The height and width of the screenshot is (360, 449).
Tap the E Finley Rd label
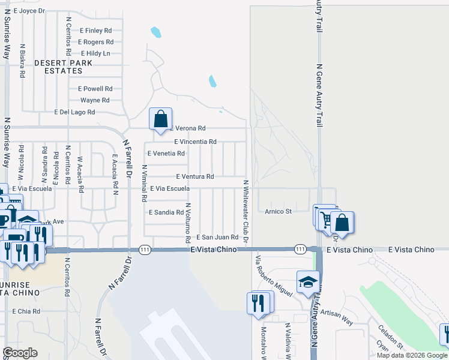pyautogui.click(x=95, y=30)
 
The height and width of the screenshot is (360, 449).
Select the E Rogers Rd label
pyautogui.click(x=95, y=42)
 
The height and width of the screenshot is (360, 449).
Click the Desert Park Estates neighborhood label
pyautogui.click(x=63, y=67)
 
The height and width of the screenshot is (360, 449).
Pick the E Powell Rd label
pyautogui.click(x=95, y=88)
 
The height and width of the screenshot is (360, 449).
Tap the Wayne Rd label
pyautogui.click(x=95, y=100)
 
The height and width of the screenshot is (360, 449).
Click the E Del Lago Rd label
pyautogui.click(x=74, y=112)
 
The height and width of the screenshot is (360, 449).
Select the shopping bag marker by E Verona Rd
pyautogui.click(x=161, y=120)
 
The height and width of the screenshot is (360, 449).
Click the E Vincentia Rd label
pyautogui.click(x=195, y=142)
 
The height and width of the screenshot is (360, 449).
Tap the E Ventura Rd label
pyautogui.click(x=195, y=176)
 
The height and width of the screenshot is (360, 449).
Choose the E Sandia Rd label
pyautogui.click(x=166, y=212)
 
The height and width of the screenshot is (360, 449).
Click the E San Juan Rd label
pyautogui.click(x=217, y=238)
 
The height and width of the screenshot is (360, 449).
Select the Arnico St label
pyautogui.click(x=278, y=211)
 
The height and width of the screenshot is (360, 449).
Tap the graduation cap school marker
pyautogui.click(x=308, y=283)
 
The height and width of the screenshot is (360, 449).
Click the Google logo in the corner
pyautogui.click(x=20, y=353)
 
